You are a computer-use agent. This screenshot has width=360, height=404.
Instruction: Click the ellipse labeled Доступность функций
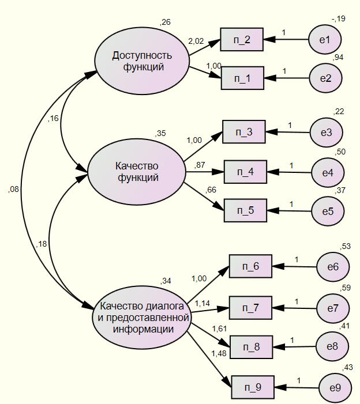tap(142, 61)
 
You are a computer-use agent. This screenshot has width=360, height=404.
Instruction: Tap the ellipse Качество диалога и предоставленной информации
tap(141, 317)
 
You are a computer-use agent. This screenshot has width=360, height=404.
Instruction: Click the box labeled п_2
tap(242, 40)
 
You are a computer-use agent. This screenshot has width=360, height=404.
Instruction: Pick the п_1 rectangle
tap(242, 78)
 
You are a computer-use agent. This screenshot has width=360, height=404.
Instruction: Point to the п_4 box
tap(245, 172)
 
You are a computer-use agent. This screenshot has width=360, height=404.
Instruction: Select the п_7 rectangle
tap(250, 308)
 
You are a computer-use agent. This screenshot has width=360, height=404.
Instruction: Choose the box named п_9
tap(253, 387)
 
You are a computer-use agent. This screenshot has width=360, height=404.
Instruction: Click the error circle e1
tap(325, 40)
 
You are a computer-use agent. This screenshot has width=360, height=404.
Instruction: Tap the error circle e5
tap(328, 212)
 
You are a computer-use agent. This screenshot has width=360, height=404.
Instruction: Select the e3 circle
tap(327, 133)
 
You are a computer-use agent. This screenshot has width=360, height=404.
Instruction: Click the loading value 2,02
tap(196, 41)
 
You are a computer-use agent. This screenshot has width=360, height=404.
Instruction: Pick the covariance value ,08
tap(13, 189)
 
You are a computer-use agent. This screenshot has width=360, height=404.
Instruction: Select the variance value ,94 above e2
tap(339, 56)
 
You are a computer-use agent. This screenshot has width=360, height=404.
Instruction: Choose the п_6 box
tap(250, 267)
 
